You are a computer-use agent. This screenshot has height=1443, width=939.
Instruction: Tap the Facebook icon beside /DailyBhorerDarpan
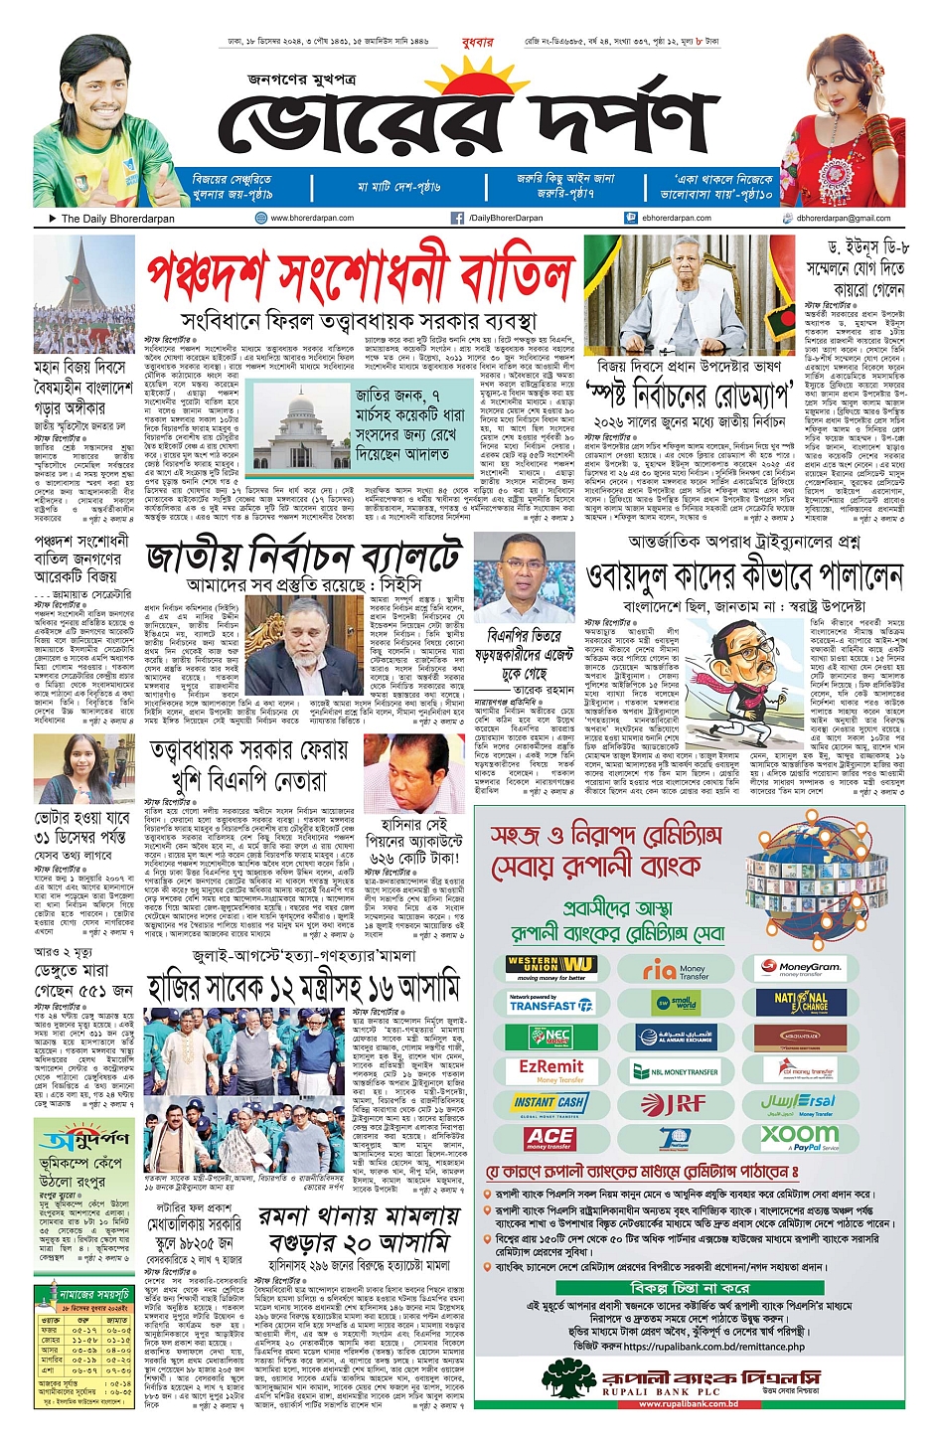[x=457, y=218]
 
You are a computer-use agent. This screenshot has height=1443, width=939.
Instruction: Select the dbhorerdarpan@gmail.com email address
[x=843, y=218]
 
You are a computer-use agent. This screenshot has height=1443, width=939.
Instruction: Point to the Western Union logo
[x=551, y=966]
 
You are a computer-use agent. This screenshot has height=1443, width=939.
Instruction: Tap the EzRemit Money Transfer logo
[x=551, y=1070]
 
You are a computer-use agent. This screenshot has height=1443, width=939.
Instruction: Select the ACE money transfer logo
[x=550, y=1138]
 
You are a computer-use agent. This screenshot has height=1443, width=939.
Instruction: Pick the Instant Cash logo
[x=550, y=1104]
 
